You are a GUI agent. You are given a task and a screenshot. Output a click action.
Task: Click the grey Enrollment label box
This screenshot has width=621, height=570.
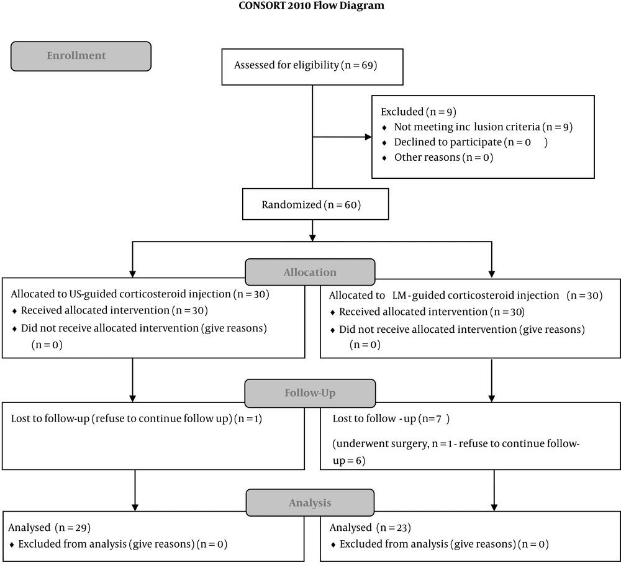[x=81, y=57]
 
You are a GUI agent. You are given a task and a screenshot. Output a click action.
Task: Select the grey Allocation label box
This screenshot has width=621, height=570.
[x=310, y=272]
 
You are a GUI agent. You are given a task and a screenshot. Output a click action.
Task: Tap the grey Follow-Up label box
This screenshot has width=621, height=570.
[x=310, y=393]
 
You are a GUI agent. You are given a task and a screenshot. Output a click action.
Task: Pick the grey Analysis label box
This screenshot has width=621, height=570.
[x=310, y=503]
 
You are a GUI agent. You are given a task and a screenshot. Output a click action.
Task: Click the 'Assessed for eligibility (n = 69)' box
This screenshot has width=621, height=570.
[x=312, y=67]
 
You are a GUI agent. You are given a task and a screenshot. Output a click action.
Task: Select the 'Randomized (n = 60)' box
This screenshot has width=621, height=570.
[x=315, y=204]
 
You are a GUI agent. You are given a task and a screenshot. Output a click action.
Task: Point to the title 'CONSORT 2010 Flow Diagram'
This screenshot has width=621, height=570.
[x=311, y=6]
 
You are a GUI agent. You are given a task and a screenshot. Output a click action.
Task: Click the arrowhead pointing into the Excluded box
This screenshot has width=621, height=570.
[x=368, y=137]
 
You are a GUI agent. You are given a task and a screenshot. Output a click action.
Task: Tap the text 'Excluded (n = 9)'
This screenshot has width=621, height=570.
[x=419, y=112]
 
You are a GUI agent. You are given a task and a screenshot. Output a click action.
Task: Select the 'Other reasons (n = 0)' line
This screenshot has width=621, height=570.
[x=443, y=158]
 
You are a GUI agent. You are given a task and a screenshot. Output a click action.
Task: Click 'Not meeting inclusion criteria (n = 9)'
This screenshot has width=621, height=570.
[x=483, y=127]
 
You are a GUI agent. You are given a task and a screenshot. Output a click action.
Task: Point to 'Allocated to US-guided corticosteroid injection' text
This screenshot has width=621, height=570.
[x=121, y=294]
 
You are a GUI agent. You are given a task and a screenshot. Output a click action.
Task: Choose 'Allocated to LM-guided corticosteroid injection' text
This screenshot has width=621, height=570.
[x=444, y=296]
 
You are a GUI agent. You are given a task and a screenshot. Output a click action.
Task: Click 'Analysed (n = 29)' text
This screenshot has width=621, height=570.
[x=50, y=528]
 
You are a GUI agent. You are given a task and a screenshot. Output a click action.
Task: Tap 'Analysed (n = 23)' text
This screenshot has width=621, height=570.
[x=370, y=528]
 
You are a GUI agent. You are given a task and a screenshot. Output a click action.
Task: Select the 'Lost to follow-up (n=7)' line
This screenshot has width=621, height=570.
[x=391, y=418]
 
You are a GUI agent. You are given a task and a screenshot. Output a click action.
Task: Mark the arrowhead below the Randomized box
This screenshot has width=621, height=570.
[x=312, y=238]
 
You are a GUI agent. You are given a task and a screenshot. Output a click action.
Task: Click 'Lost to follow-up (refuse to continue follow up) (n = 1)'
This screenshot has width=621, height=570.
[x=137, y=418]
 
